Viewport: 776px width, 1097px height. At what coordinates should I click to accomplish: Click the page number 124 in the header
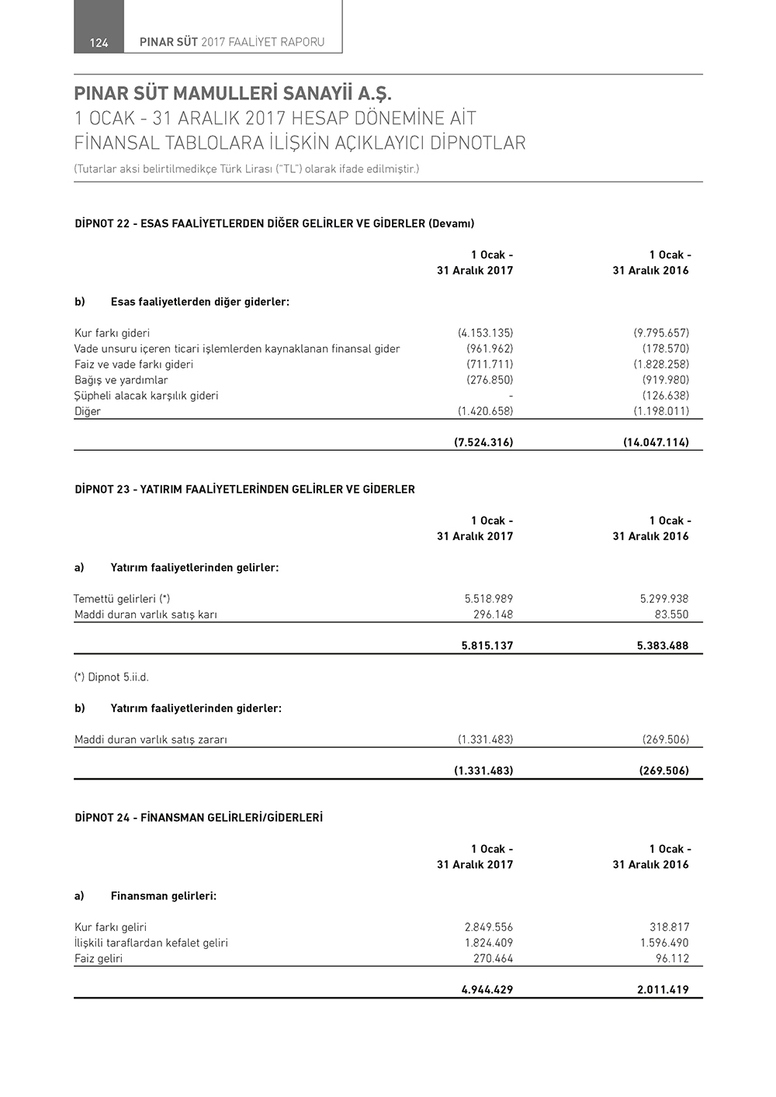tap(99, 43)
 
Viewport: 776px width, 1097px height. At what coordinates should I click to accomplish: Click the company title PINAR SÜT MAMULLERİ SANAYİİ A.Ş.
tap(233, 95)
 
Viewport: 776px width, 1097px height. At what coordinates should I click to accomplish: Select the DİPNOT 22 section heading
tap(274, 223)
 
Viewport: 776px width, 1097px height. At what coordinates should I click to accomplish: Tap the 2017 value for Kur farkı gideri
tap(485, 333)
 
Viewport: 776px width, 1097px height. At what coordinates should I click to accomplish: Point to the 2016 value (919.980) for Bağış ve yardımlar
tap(665, 380)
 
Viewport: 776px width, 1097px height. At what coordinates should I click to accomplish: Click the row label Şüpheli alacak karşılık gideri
tap(146, 396)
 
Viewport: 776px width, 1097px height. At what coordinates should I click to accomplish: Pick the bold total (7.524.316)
tap(483, 443)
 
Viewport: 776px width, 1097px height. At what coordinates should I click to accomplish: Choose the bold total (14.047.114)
tap(656, 443)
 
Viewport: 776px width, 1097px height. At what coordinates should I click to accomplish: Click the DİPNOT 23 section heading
tap(244, 490)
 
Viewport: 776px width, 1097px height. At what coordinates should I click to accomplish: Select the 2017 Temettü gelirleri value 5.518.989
tap(488, 599)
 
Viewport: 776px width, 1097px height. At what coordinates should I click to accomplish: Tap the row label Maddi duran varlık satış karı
tap(145, 614)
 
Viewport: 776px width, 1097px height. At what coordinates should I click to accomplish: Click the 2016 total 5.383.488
tap(662, 645)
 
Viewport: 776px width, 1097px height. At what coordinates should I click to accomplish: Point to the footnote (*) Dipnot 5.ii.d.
tap(111, 677)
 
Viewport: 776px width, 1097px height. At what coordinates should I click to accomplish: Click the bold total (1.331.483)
tap(483, 771)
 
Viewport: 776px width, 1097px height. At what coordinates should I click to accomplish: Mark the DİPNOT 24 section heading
tap(198, 818)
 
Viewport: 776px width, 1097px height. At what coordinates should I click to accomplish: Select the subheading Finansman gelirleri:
tap(163, 896)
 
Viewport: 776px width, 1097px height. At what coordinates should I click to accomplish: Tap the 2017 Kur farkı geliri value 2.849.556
tap(488, 927)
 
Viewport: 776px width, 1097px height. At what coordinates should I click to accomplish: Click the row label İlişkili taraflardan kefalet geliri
tap(151, 943)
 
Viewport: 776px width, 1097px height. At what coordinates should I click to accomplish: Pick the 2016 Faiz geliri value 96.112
tap(672, 958)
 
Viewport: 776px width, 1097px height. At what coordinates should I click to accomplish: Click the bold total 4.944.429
tap(487, 990)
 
